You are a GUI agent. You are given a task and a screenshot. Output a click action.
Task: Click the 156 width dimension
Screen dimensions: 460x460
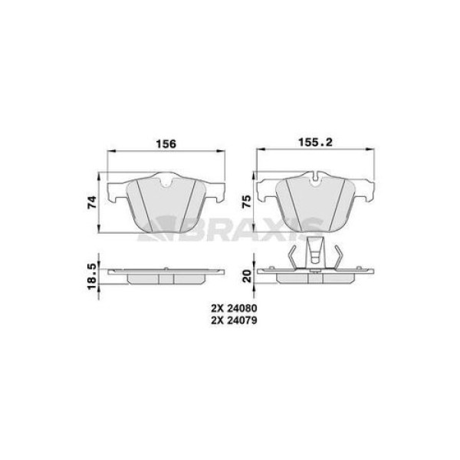[166, 144]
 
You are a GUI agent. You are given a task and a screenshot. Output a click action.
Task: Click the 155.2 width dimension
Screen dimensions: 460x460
[315, 143]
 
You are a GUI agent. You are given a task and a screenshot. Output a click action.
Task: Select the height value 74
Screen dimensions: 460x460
[92, 202]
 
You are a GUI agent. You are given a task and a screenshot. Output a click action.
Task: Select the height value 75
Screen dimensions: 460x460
[246, 202]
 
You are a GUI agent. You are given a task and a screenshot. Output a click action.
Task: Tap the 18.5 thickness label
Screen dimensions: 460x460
[92, 276]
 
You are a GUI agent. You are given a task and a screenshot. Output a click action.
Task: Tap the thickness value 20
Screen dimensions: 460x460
[248, 276]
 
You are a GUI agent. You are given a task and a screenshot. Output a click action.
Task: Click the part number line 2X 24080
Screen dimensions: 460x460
[234, 308]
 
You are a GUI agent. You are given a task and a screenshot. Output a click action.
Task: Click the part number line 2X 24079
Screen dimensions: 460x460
[234, 320]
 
